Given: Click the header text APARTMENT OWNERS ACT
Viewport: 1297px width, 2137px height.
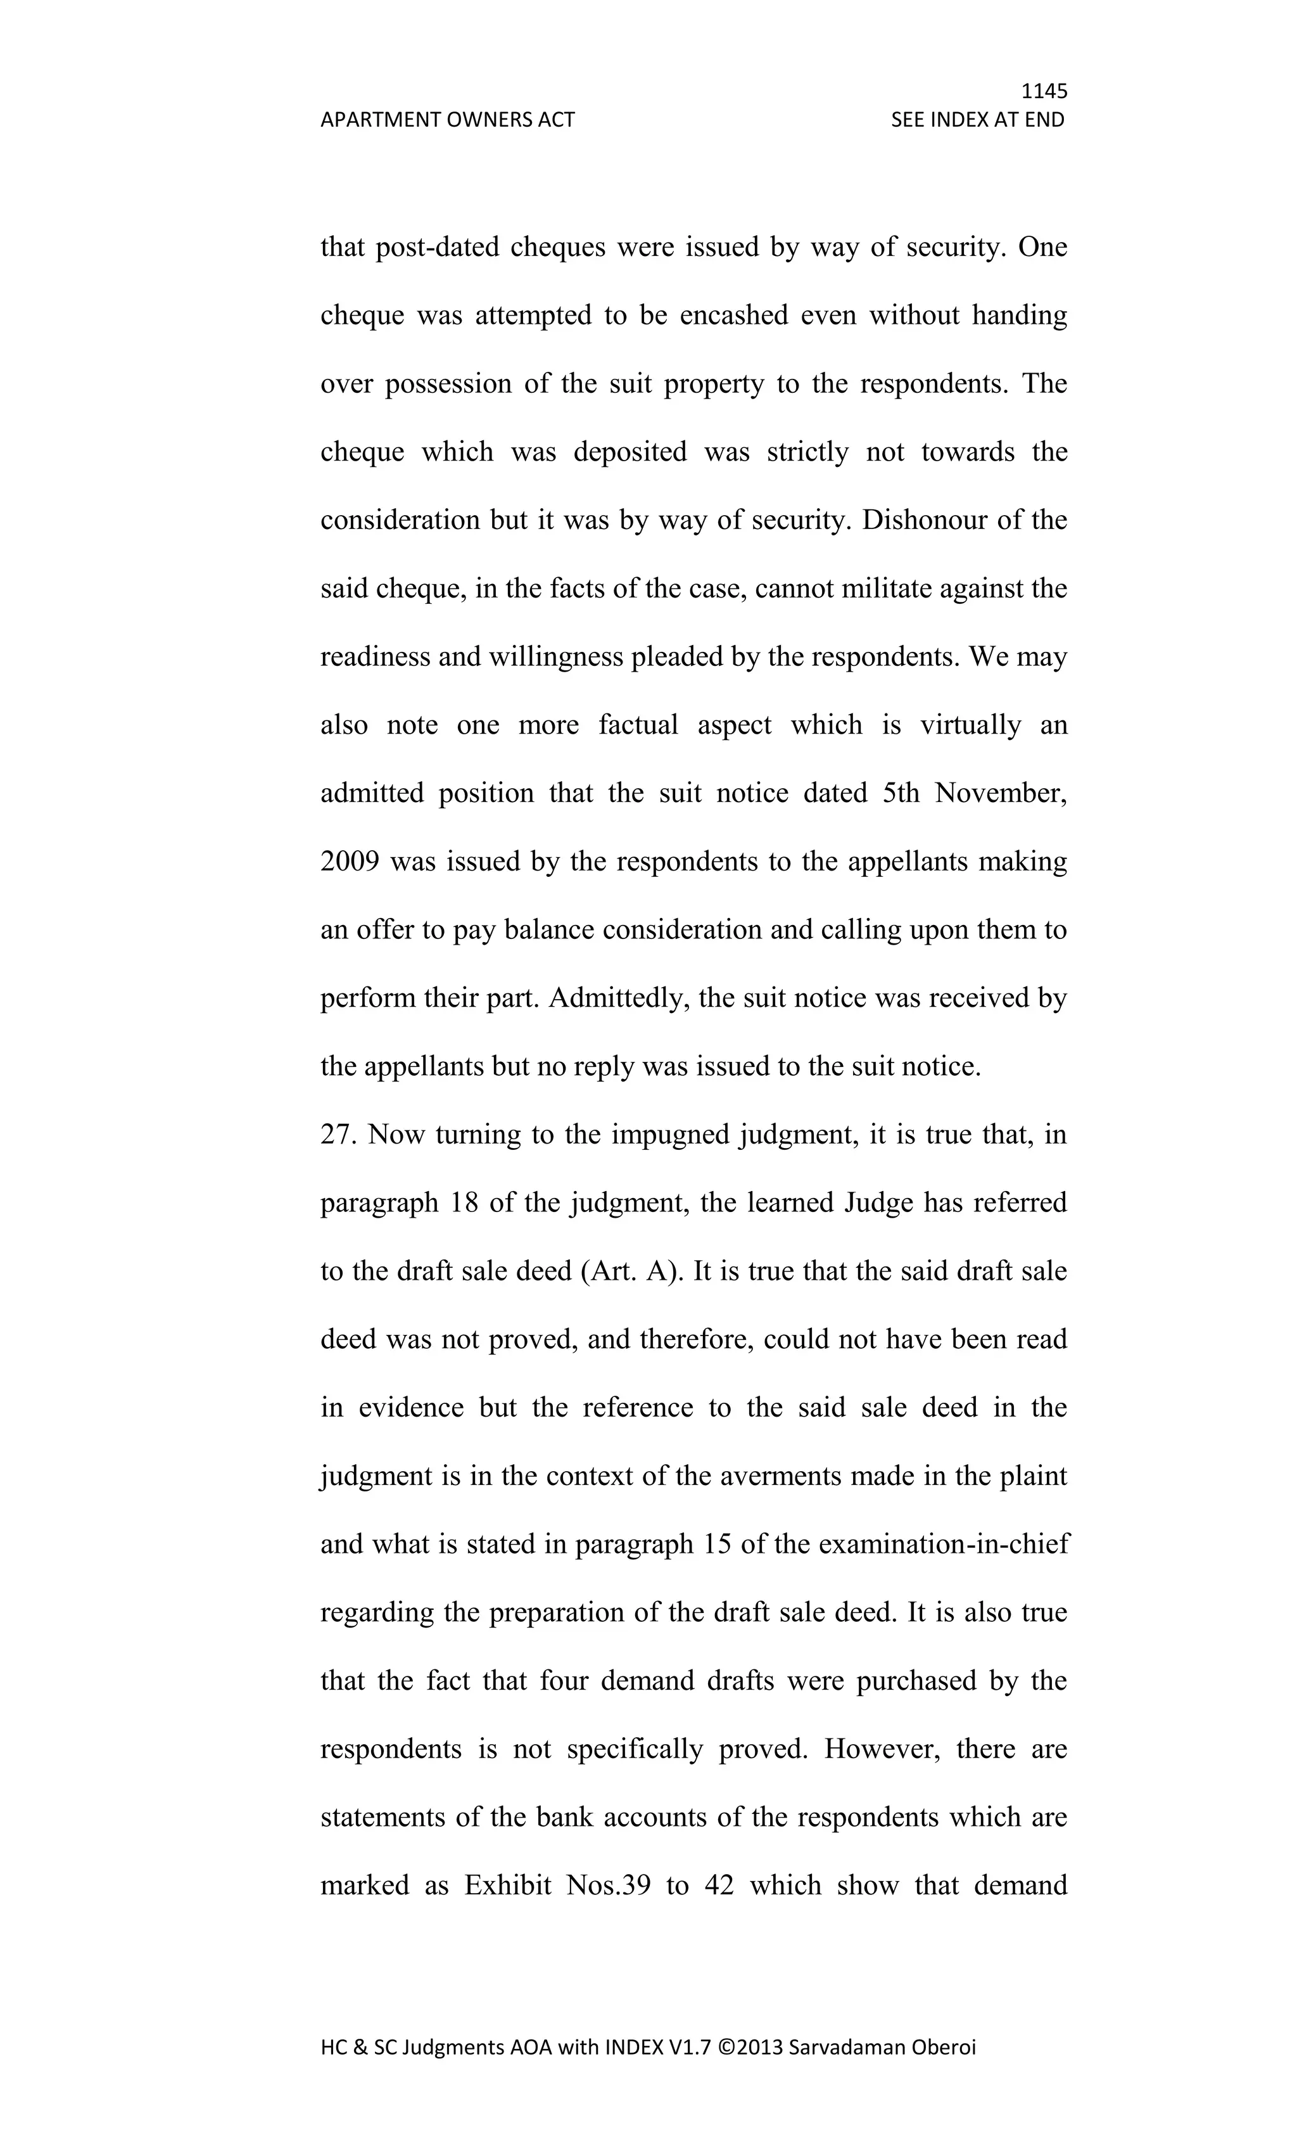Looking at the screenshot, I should pyautogui.click(x=447, y=120).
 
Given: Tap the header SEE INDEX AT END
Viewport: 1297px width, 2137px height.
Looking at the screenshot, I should pyautogui.click(x=977, y=120).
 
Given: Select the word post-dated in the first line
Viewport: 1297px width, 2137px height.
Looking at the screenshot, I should pyautogui.click(x=437, y=248).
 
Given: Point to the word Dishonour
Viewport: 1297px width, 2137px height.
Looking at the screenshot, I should pyautogui.click(x=919, y=520).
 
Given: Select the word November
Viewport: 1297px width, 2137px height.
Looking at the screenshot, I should pyautogui.click(x=999, y=794).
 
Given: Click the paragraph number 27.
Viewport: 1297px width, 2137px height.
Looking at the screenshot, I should pyautogui.click(x=338, y=1135).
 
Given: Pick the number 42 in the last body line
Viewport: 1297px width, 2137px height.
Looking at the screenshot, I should pyautogui.click(x=719, y=1885).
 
